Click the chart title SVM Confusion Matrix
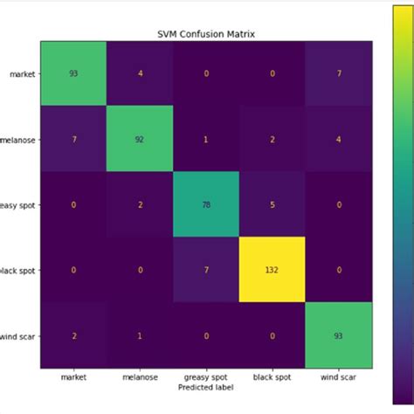point(207,35)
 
